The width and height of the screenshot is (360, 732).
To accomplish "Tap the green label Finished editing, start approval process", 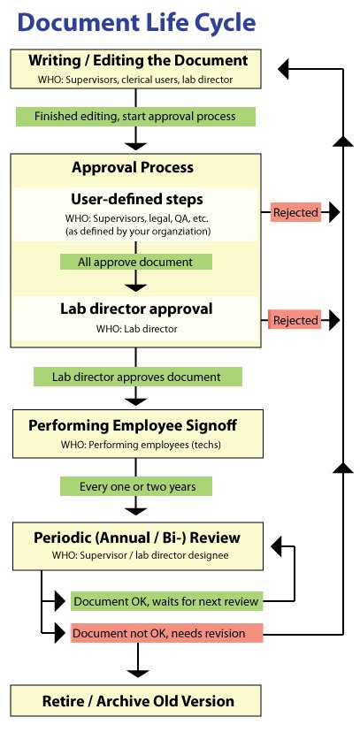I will [135, 116].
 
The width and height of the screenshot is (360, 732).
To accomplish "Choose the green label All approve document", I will [135, 262].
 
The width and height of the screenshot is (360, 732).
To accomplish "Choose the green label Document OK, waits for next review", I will [165, 602].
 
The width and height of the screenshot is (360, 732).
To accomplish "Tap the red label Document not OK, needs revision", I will [165, 633].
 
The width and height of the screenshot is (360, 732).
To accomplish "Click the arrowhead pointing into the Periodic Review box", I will [277, 546].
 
